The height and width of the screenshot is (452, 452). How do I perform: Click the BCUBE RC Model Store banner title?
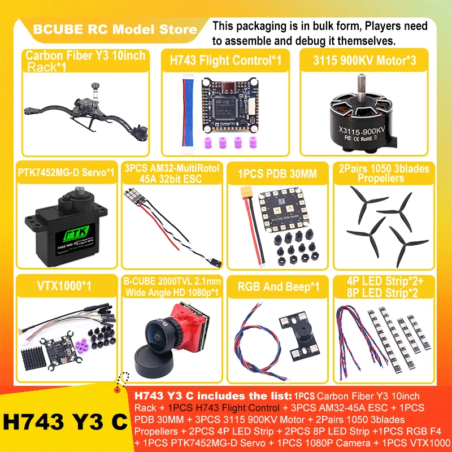[x=115, y=29]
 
